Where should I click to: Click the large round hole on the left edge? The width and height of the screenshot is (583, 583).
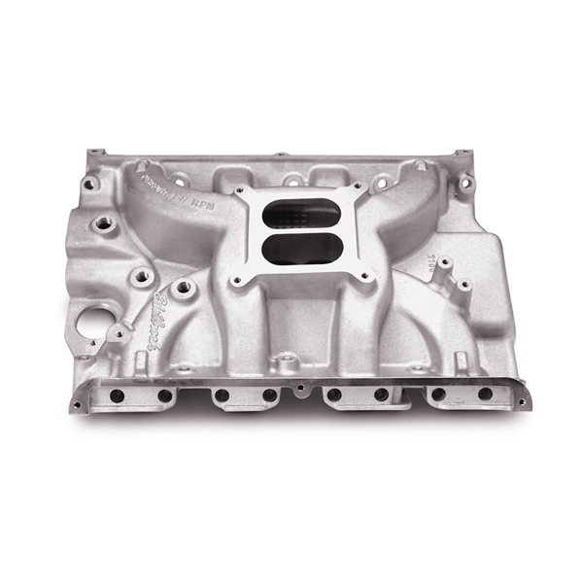coord(94,325)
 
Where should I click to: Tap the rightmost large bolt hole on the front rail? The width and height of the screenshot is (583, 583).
coord(485,394)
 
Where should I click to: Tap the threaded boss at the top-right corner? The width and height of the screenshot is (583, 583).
coord(467,182)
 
